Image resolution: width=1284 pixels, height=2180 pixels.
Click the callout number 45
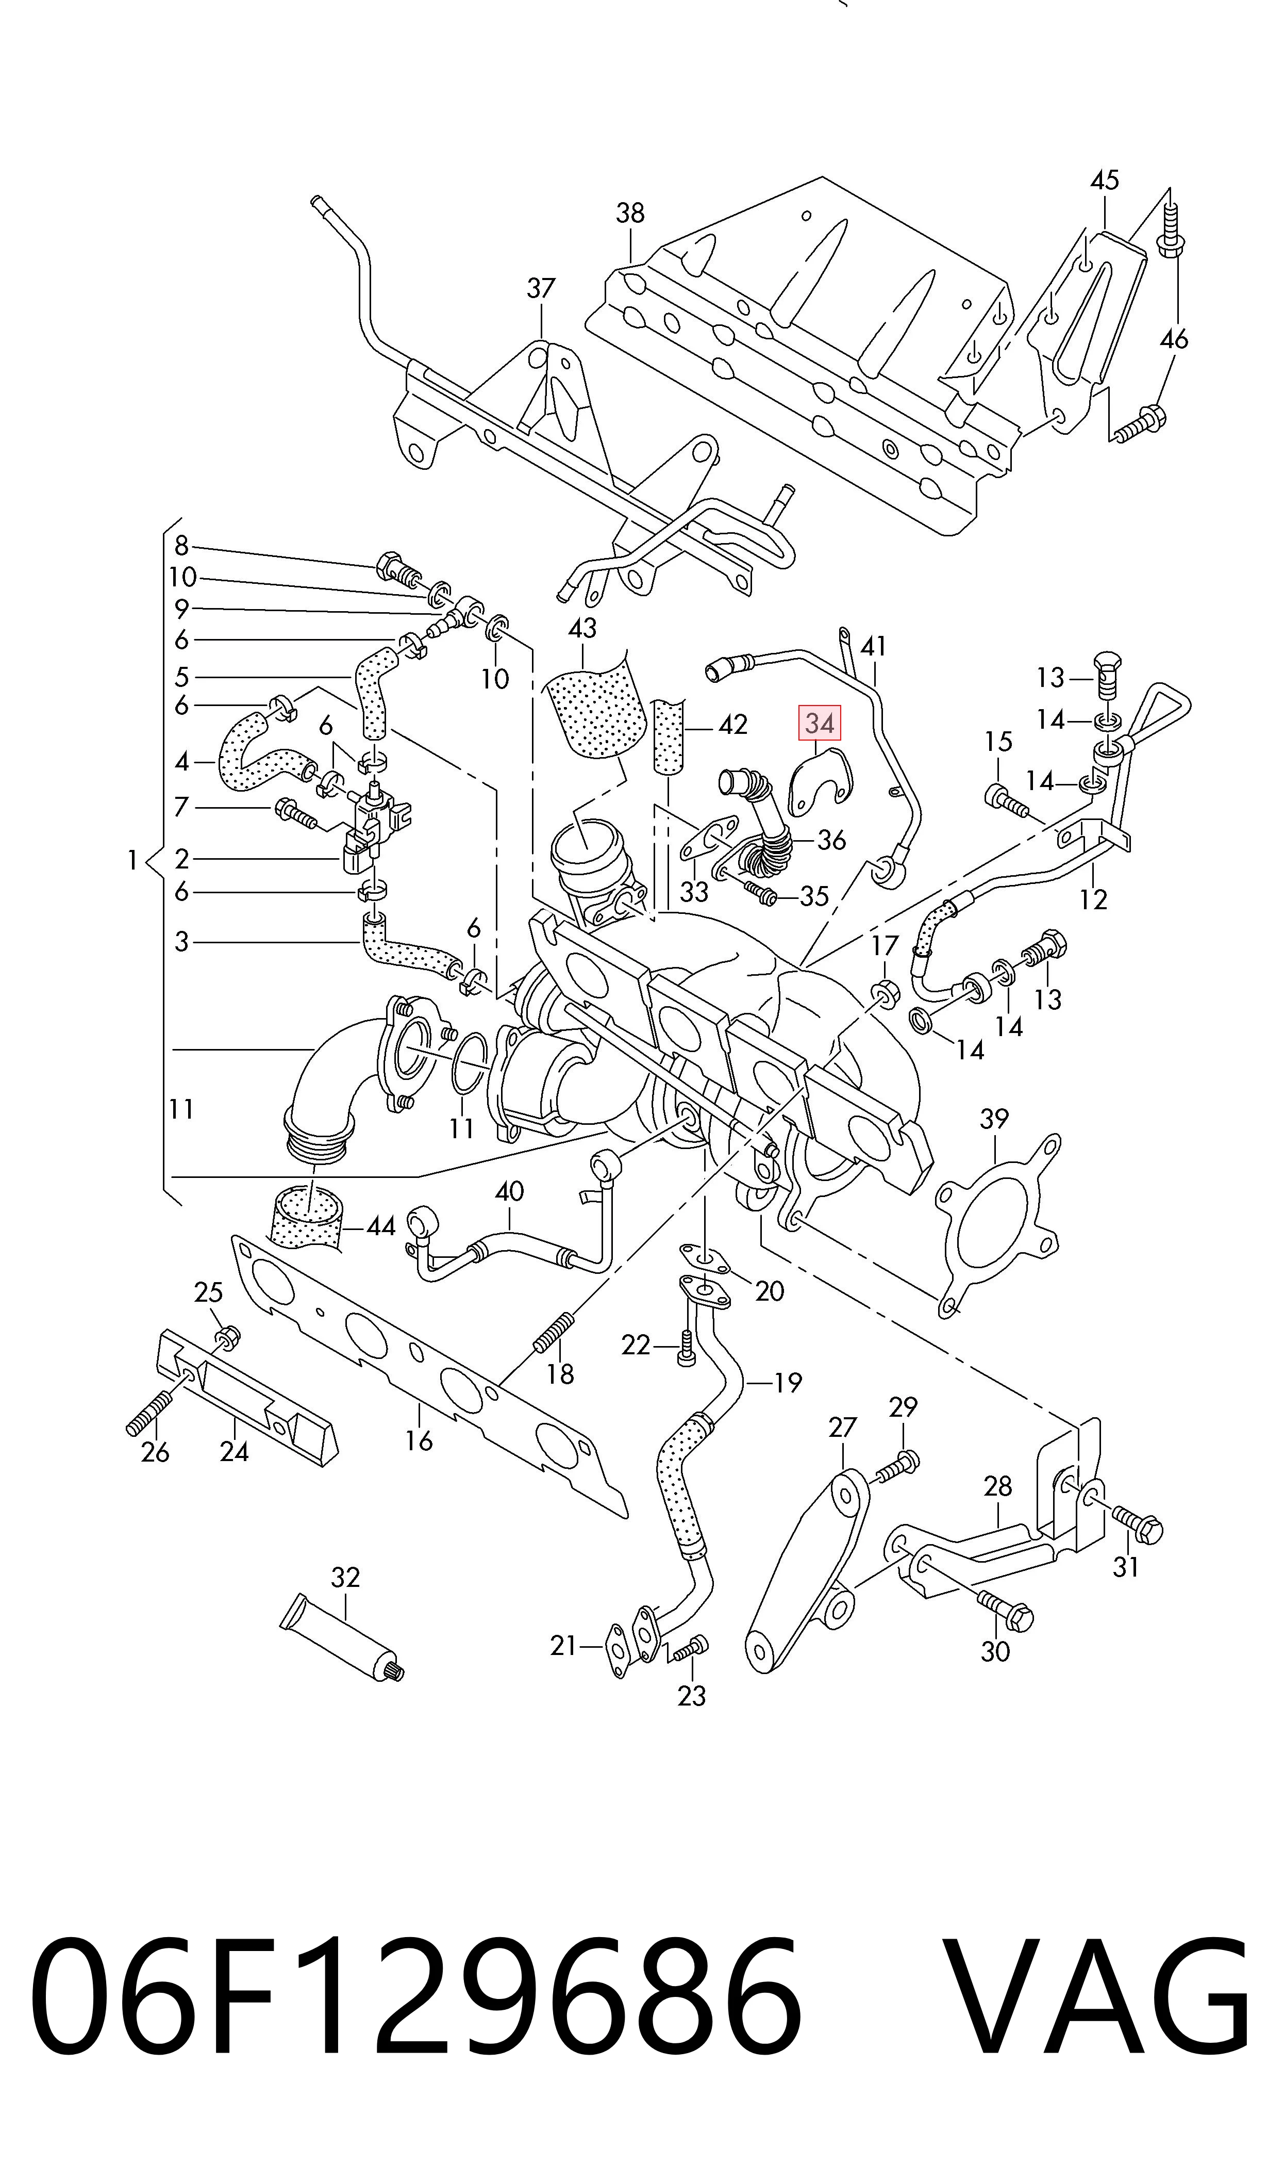coord(1104,180)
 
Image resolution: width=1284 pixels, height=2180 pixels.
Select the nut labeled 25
coord(227,1340)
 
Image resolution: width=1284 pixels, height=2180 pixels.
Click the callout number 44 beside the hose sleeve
coord(381,1226)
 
